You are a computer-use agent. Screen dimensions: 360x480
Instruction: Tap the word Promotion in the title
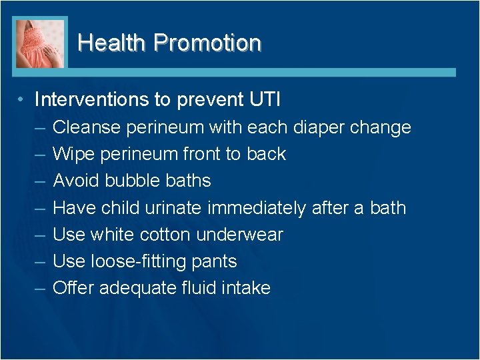click(x=207, y=43)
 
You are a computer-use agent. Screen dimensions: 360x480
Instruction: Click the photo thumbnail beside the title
click(x=41, y=43)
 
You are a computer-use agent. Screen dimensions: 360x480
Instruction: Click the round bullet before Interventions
click(x=22, y=99)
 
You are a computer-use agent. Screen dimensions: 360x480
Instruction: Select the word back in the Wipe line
click(x=265, y=154)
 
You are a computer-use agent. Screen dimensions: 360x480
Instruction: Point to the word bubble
click(x=131, y=181)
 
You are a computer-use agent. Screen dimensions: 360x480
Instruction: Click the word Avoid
click(x=75, y=181)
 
